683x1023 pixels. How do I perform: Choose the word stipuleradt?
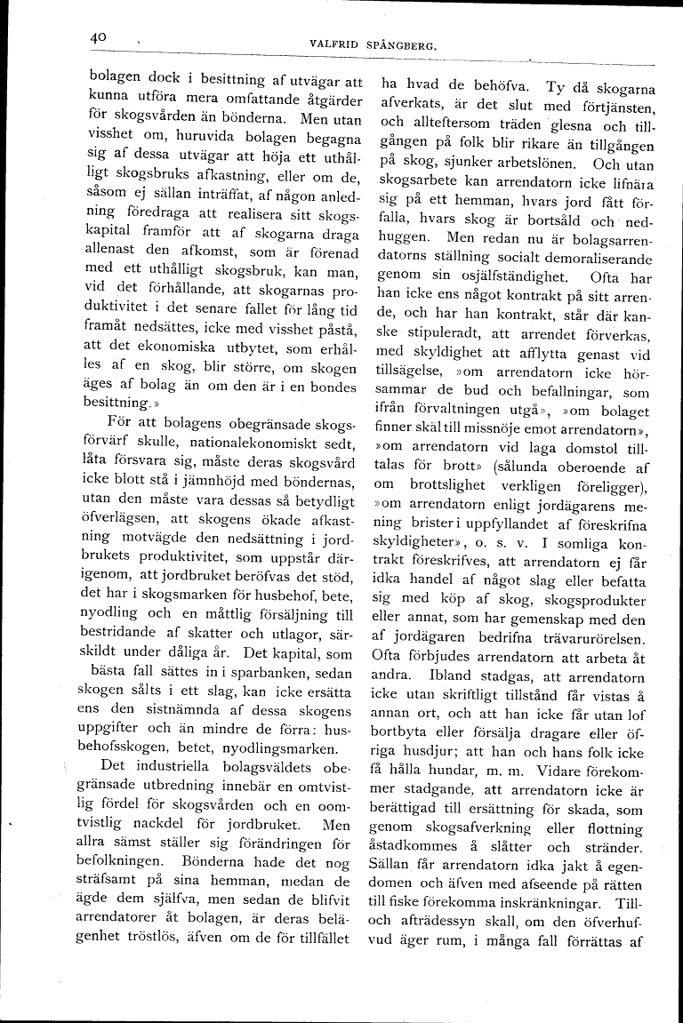pyautogui.click(x=430, y=353)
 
